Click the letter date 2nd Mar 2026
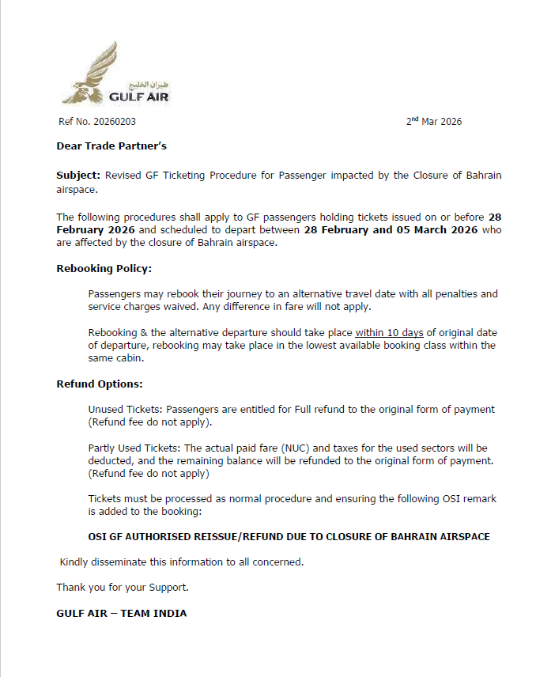(x=434, y=122)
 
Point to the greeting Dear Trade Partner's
(x=111, y=146)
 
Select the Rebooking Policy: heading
(x=104, y=269)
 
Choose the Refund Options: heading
(x=100, y=384)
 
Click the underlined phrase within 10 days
(x=390, y=333)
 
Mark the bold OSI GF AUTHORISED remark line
(x=289, y=537)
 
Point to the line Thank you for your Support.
(x=123, y=588)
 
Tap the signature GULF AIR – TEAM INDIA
(x=122, y=613)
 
